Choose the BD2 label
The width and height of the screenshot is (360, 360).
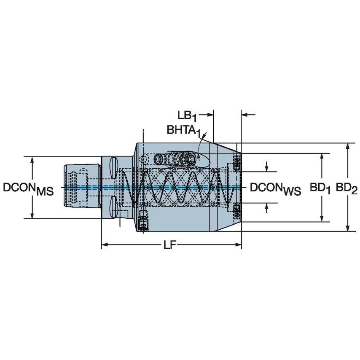coord(347,188)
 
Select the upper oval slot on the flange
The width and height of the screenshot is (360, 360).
coord(113,167)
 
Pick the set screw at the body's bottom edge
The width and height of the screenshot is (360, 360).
coord(144,224)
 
